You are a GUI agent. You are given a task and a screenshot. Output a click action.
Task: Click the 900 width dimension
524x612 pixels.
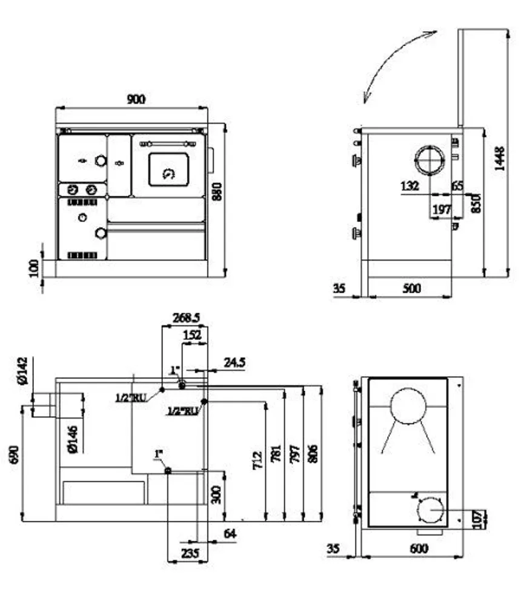136,99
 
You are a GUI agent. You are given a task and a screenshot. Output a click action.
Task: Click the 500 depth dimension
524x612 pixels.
411,288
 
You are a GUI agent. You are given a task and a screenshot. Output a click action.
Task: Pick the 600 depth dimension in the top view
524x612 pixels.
418,548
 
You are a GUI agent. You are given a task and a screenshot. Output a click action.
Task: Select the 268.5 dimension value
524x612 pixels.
186,318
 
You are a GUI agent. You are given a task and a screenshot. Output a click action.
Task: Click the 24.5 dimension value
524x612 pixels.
234,362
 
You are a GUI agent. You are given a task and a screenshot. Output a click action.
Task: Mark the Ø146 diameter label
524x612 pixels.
72,439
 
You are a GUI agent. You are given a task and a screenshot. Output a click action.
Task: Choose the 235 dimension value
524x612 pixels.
189,553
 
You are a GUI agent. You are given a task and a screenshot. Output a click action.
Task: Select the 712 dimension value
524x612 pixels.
257,460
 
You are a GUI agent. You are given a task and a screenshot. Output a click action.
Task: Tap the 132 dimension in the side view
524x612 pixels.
410,186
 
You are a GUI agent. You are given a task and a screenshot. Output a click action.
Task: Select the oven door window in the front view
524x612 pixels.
169,170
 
